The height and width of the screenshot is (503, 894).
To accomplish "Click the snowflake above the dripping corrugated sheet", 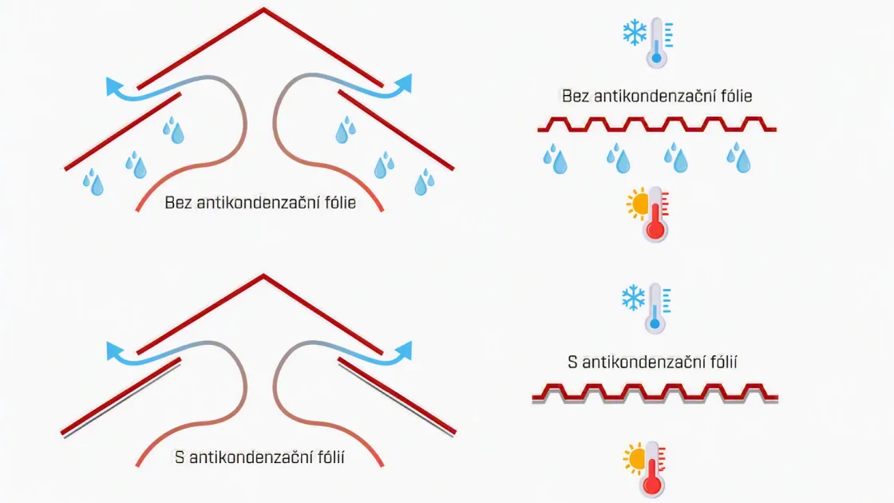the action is point(635,33).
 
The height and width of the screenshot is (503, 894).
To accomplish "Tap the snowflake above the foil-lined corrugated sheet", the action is point(634,299).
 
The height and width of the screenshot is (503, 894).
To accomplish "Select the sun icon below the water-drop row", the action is point(638,204).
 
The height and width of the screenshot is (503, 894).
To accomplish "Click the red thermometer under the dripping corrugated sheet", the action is point(655,215).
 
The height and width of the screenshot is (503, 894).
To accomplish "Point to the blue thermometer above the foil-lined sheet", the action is point(655,308).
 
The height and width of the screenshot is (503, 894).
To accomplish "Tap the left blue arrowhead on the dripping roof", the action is point(115,87).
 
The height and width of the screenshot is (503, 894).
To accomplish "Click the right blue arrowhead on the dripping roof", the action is point(403,84).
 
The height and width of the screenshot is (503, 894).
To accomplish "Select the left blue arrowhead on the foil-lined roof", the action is point(115,351).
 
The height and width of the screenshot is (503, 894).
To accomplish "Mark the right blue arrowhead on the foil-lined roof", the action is point(404,351).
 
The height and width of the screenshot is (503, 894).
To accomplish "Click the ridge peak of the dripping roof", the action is point(263,9).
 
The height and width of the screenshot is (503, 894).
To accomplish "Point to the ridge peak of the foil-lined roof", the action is point(263,276).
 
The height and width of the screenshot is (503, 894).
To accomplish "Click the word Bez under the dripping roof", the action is point(178,203).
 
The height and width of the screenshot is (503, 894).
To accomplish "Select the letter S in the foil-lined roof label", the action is point(180,457).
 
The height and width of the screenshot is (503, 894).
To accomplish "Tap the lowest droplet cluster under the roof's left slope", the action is point(93,182).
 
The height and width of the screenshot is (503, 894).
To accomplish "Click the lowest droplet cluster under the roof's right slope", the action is point(425,182).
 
